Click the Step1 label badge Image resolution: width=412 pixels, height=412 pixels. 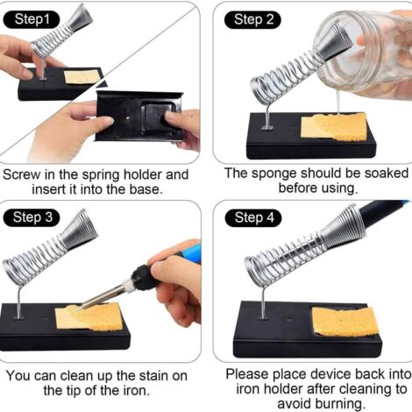[32, 19]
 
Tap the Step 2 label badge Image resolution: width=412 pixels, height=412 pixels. [252, 19]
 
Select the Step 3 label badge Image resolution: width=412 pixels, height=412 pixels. [32, 217]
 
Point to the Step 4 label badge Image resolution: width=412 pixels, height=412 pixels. [253, 218]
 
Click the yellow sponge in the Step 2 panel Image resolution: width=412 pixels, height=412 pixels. [334, 127]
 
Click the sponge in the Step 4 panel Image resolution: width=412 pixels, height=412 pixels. [345, 322]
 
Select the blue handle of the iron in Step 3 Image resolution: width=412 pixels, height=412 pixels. [190, 252]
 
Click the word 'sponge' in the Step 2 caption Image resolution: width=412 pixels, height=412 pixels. [273, 174]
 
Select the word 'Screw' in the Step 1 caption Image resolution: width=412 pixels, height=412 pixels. [22, 174]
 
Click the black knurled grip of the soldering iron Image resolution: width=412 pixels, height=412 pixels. [143, 277]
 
